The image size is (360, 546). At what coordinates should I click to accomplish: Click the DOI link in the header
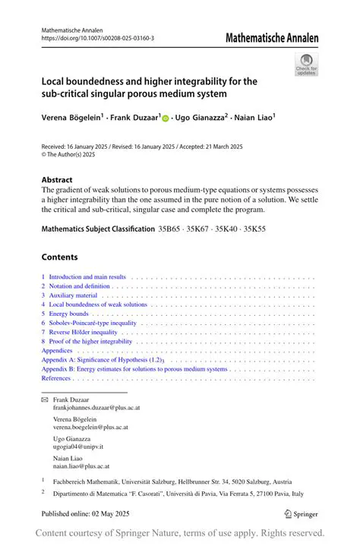[97, 37]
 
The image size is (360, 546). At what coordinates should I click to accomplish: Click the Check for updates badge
[306, 64]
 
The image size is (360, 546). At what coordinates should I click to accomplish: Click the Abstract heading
[58, 181]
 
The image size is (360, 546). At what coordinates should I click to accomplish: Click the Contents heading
[59, 257]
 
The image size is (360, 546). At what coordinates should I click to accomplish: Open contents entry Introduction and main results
[87, 277]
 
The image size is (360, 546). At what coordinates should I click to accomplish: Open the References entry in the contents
[56, 377]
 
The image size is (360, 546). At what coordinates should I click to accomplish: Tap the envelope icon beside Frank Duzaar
[44, 399]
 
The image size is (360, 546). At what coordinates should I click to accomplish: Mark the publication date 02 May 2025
[114, 514]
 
